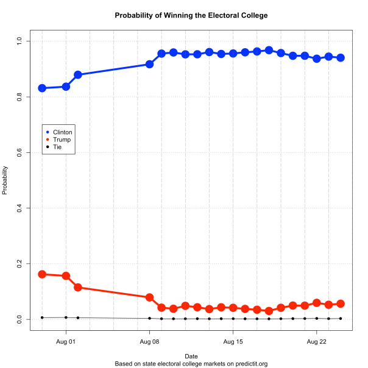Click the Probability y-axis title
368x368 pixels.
(x=5, y=180)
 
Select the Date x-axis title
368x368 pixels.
(x=191, y=355)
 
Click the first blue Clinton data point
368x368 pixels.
(x=42, y=88)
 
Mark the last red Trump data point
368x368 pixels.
(x=341, y=303)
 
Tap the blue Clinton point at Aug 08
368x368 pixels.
(x=149, y=64)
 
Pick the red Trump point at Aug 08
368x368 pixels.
(x=149, y=297)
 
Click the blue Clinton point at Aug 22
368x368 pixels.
(x=317, y=58)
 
